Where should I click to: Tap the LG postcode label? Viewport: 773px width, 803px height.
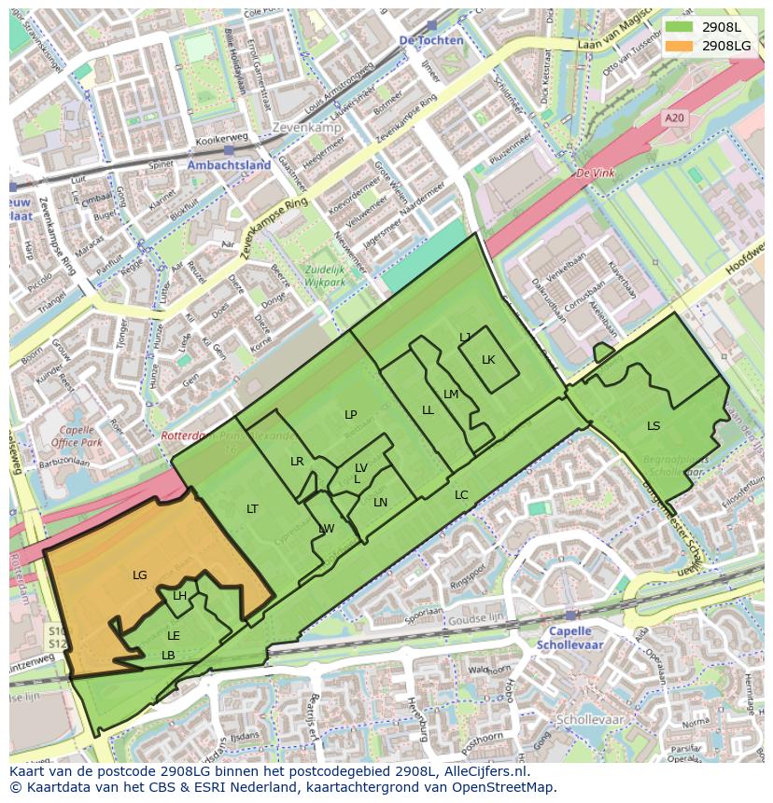click(140, 575)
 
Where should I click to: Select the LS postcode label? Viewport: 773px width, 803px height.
click(654, 426)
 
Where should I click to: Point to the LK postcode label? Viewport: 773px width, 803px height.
click(488, 360)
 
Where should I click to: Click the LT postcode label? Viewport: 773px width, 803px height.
click(252, 509)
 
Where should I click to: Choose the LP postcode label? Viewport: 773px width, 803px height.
click(350, 415)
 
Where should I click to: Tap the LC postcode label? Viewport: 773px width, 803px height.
click(461, 495)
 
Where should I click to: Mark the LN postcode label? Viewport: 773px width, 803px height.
click(380, 503)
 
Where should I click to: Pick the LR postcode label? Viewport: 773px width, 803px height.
click(297, 462)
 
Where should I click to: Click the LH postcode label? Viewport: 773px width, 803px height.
click(179, 597)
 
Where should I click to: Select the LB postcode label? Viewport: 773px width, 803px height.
click(168, 656)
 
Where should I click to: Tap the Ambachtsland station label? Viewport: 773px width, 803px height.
click(229, 165)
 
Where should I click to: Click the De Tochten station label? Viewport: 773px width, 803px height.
click(430, 41)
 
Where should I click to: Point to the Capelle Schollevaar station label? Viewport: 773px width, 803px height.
click(569, 638)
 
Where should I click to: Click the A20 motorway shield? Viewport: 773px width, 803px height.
click(673, 118)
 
